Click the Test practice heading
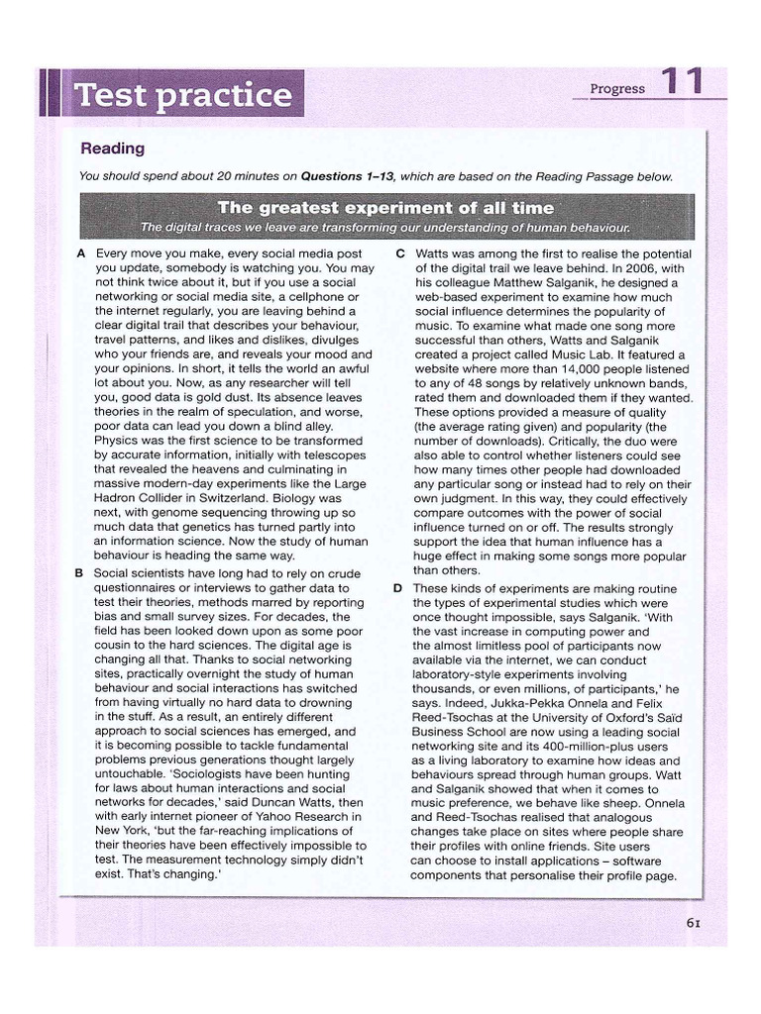click(184, 96)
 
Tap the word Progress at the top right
click(617, 88)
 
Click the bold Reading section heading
click(112, 149)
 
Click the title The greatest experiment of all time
click(385, 208)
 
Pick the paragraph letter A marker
click(80, 253)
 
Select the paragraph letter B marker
click(80, 573)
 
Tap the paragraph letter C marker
click(399, 253)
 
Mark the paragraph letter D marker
click(399, 588)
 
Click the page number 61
click(694, 923)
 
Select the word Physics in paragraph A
click(119, 441)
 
